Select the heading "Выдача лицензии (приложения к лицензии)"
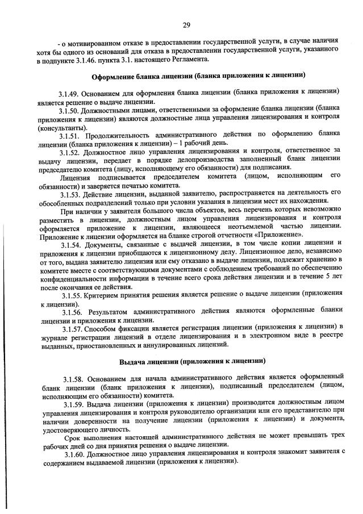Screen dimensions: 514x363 (x=192, y=361)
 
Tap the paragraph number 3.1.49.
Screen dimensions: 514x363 (x=69, y=92)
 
